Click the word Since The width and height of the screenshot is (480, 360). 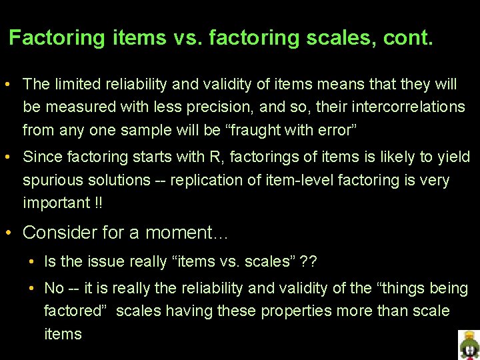point(41,157)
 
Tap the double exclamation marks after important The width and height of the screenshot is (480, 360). point(97,203)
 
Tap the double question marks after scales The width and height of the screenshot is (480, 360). point(309,261)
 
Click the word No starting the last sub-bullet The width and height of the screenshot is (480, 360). point(53,288)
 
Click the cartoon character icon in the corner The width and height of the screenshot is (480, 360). point(469,345)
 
